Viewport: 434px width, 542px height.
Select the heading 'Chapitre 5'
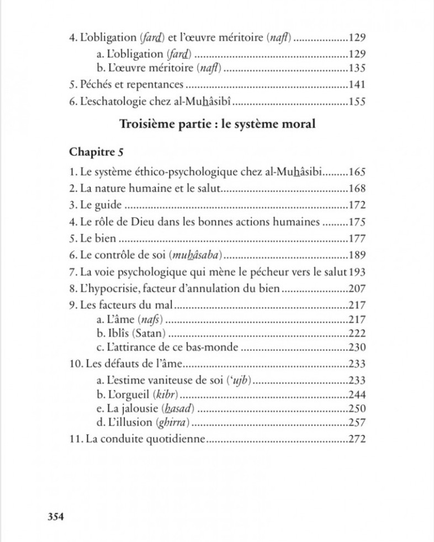pos(92,151)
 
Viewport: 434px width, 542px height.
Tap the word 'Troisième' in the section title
pos(145,124)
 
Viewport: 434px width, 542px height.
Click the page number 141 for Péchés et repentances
pos(358,85)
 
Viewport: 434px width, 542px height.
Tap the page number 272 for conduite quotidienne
pos(358,440)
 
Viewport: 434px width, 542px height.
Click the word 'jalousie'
pos(126,410)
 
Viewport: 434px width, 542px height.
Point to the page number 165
pos(358,172)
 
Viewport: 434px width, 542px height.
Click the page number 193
pos(358,272)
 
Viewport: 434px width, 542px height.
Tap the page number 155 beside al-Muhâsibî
pos(358,102)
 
